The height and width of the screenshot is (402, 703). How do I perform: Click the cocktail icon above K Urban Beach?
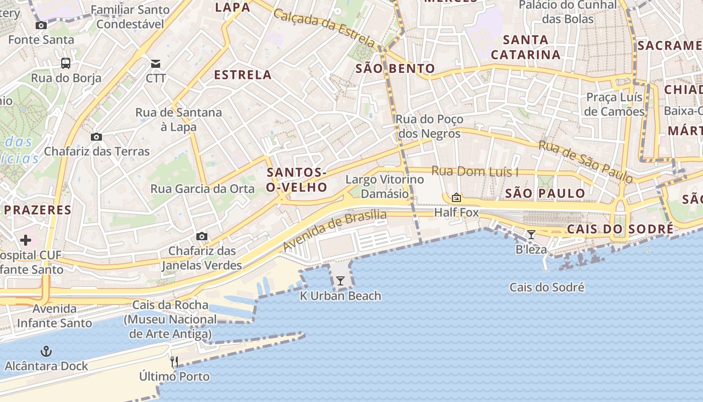(x=340, y=281)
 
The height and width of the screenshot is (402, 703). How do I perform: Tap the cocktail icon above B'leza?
(x=531, y=235)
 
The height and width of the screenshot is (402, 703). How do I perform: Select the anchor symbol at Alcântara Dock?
(x=46, y=351)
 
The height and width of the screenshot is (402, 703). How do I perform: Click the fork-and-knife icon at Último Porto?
(x=174, y=361)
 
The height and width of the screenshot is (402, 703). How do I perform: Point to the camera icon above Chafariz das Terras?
(x=96, y=137)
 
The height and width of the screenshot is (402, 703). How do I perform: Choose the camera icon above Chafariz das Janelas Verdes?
(x=202, y=236)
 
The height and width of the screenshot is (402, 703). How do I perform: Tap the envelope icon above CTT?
(x=156, y=63)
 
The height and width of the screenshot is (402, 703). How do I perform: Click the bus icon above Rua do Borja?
(x=66, y=63)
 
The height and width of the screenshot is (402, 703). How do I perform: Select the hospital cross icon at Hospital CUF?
(x=26, y=240)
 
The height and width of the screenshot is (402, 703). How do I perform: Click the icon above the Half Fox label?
(x=456, y=197)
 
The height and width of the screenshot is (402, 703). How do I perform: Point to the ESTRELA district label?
(x=243, y=75)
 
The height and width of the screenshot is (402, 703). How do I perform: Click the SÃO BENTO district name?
(x=395, y=69)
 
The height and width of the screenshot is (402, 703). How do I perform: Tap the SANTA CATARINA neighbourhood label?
(x=526, y=47)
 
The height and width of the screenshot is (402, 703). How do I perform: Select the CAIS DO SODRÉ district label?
(x=620, y=229)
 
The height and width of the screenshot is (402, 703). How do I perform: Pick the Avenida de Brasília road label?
(x=335, y=231)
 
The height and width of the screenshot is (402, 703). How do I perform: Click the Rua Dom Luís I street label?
(x=475, y=171)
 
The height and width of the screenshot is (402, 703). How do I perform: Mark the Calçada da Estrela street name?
(x=324, y=28)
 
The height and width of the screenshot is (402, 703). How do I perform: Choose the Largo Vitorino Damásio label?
(x=385, y=186)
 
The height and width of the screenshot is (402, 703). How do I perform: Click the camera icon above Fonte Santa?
(x=41, y=25)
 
